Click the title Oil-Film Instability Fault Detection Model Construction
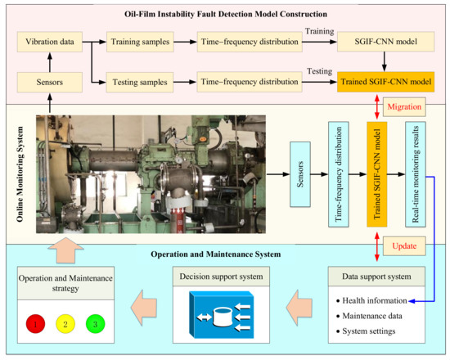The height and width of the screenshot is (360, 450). [x=224, y=14]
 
